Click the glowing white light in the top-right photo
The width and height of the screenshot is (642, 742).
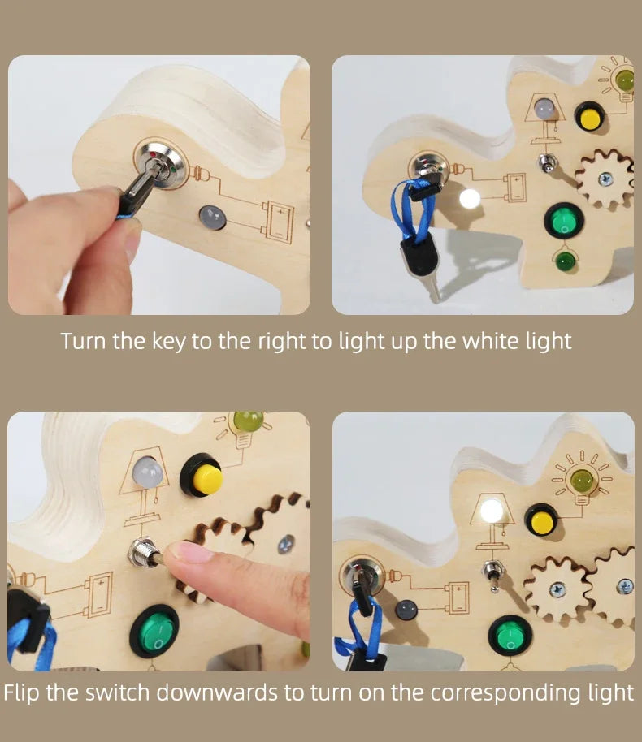[x=470, y=198]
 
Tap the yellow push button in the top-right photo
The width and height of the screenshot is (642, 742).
[x=589, y=118]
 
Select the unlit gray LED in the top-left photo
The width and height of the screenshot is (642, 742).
[x=212, y=218]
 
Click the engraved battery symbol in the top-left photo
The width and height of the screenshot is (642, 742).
[x=278, y=222]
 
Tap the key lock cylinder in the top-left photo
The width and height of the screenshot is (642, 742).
[x=161, y=163]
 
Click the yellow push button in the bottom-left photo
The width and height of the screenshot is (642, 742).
[x=202, y=476]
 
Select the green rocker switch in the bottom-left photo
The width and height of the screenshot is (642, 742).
[x=154, y=632]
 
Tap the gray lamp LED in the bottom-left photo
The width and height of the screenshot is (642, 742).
[x=148, y=472]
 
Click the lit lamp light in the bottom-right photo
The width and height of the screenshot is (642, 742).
[x=492, y=511]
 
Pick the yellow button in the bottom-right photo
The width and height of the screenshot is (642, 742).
[x=542, y=520]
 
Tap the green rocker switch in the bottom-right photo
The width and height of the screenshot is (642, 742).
[x=510, y=635]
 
